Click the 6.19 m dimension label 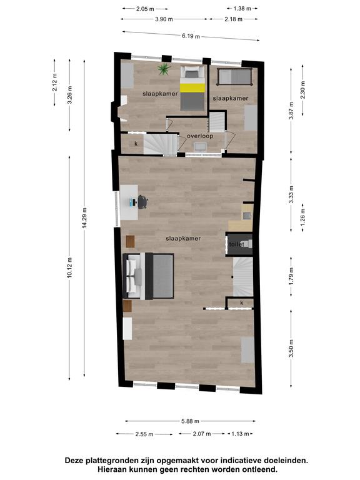[x=191, y=36]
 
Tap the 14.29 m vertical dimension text [x=84, y=217]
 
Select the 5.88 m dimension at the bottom [x=190, y=421]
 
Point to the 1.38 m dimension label [x=242, y=9]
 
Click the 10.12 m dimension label [x=69, y=268]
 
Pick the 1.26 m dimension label [x=302, y=217]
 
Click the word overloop [x=200, y=136]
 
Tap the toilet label [x=237, y=244]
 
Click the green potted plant [x=164, y=69]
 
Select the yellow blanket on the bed [x=192, y=87]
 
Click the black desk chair [x=142, y=202]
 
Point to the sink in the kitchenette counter [x=247, y=216]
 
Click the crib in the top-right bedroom [x=234, y=77]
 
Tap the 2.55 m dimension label [x=144, y=434]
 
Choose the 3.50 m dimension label [x=291, y=348]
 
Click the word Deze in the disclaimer [x=74, y=461]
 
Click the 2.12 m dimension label [x=54, y=82]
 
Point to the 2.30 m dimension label [x=302, y=89]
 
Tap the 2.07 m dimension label [x=202, y=434]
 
